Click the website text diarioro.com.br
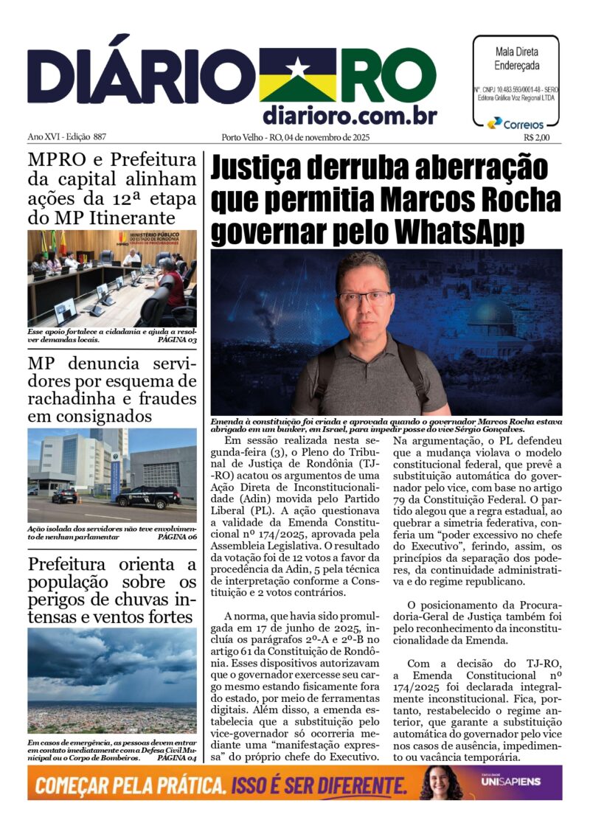[x=350, y=115]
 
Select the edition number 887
[x=100, y=137]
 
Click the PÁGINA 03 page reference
[x=177, y=341]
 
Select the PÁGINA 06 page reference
[x=177, y=538]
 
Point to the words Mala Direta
[x=516, y=52]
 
